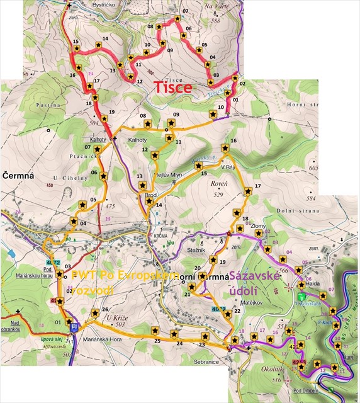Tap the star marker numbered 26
(x=95, y=312)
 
